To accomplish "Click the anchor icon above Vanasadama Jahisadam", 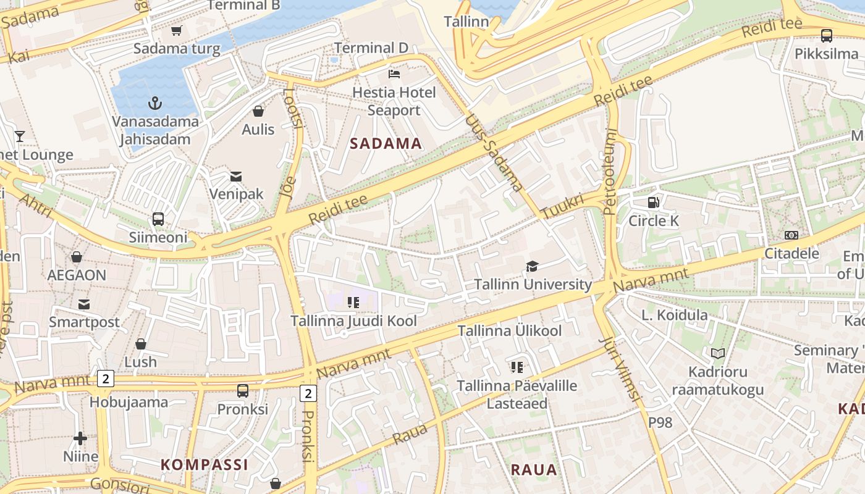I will tap(155, 103).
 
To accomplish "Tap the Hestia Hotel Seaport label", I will tap(394, 101).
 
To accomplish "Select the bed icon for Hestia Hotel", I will tap(394, 74).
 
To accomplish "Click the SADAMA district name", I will tap(386, 144).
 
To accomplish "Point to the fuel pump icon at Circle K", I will tap(653, 202).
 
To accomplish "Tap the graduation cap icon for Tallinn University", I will tap(532, 266).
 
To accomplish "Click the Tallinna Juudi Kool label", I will tap(353, 320).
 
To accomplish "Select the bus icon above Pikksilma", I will tap(826, 36).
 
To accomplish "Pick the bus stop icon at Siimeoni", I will tap(158, 219).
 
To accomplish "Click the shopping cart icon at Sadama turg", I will tap(177, 30).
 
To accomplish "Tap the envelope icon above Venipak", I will tap(236, 177).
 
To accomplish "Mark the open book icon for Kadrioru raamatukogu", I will tap(717, 353).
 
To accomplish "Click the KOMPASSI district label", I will tap(205, 464).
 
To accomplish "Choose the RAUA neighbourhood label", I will tap(534, 469).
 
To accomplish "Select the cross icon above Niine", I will tap(80, 438).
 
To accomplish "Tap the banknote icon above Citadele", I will tap(791, 235).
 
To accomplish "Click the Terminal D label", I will tap(371, 48).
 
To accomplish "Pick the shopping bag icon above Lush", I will tap(141, 344).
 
